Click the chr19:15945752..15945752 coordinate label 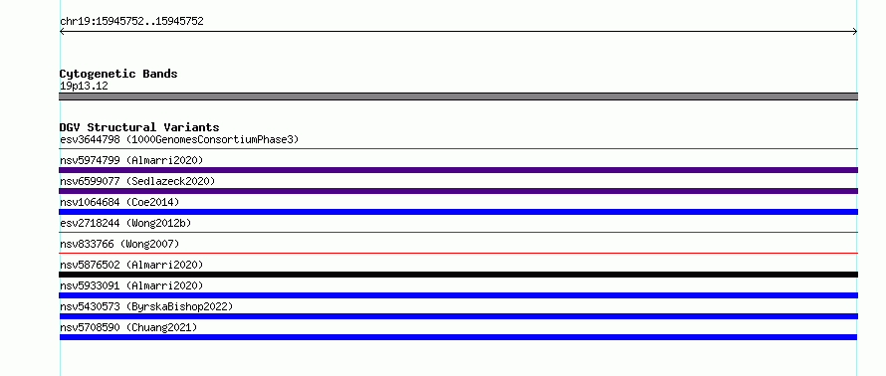pos(131,22)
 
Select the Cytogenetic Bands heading pos(118,74)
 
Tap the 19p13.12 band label pos(84,87)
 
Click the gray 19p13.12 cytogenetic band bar pos(458,96)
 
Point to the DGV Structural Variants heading pos(139,127)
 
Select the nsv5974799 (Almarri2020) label pos(131,160)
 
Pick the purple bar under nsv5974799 pos(458,170)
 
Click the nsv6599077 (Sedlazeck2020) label pos(137,181)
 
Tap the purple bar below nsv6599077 pos(458,191)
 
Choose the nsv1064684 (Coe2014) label pos(119,202)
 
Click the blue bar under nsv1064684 pos(458,212)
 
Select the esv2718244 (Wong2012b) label pos(125,223)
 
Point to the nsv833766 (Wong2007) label pos(119,244)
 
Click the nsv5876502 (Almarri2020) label pos(131,265)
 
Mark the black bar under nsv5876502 pos(458,275)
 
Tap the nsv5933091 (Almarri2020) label pos(131,285)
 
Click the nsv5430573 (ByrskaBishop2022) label pos(146,306)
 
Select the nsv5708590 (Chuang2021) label pos(128,327)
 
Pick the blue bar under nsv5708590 pos(458,337)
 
